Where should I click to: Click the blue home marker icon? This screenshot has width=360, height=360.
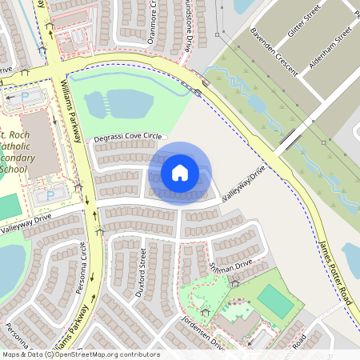[180, 173]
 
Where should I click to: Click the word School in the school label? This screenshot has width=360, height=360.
[14, 170]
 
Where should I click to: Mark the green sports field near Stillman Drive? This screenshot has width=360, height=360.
[274, 301]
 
